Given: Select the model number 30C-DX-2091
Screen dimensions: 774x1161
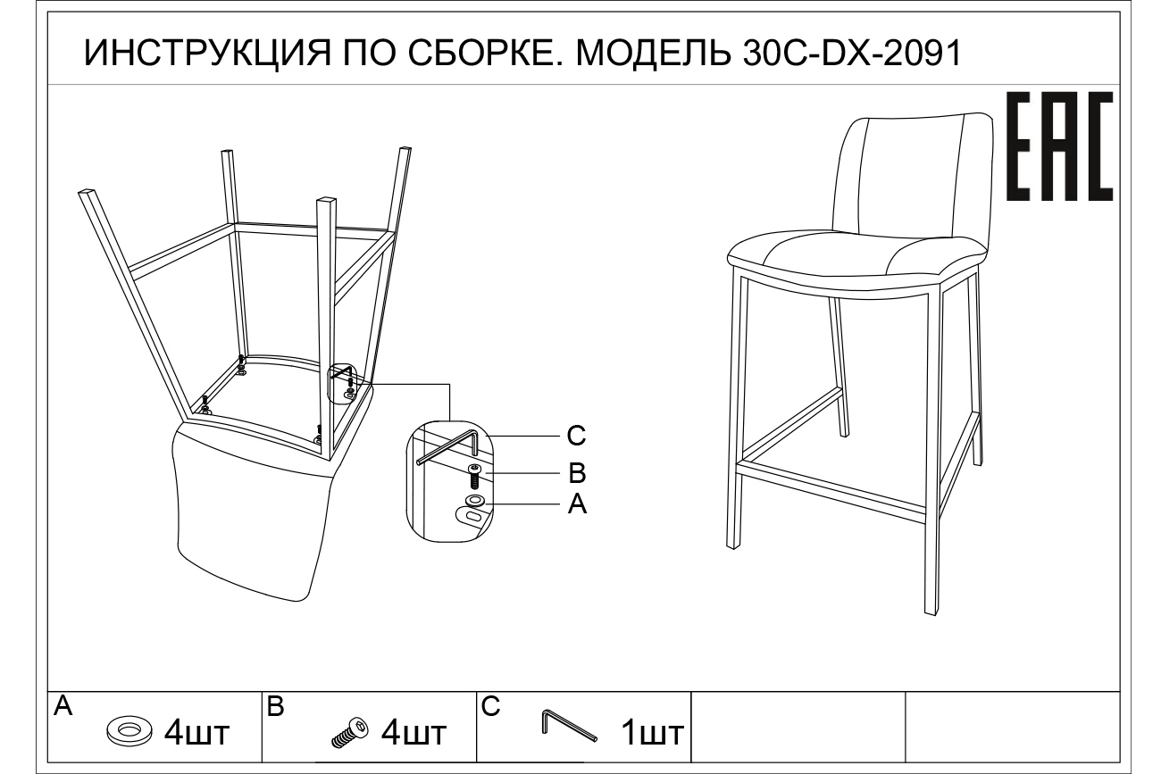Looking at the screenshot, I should pyautogui.click(x=852, y=54).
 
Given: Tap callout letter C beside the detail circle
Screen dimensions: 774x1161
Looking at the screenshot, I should pyautogui.click(x=577, y=436).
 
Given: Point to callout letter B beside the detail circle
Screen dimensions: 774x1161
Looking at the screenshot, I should pyautogui.click(x=577, y=471).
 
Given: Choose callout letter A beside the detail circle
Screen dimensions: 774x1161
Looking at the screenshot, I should pyautogui.click(x=577, y=505).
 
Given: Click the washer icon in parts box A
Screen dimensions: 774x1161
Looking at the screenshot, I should pyautogui.click(x=129, y=730).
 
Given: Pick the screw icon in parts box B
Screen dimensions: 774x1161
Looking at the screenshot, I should pyautogui.click(x=349, y=731).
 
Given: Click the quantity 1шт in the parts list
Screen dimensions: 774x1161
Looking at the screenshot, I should pyautogui.click(x=652, y=734).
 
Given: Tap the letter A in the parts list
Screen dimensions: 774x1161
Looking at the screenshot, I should pyautogui.click(x=63, y=707).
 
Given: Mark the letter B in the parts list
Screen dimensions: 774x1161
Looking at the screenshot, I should pyautogui.click(x=276, y=707).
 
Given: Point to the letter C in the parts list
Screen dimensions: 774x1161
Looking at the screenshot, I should pyautogui.click(x=490, y=707).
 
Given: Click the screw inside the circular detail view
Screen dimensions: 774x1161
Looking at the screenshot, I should pyautogui.click(x=474, y=475).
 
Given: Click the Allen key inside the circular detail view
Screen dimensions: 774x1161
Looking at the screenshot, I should pyautogui.click(x=451, y=446).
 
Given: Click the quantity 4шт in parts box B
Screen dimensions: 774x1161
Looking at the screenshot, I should pyautogui.click(x=413, y=734).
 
